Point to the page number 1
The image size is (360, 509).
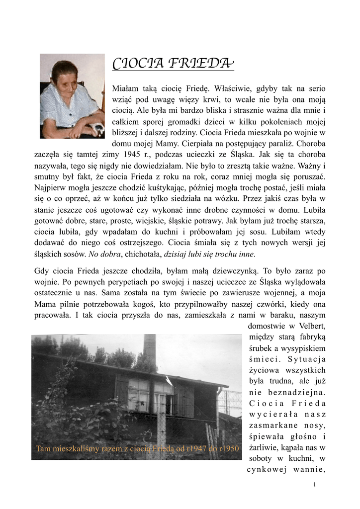click(315, 484)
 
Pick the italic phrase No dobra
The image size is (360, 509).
click(104, 254)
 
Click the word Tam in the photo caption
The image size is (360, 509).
click(43, 449)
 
